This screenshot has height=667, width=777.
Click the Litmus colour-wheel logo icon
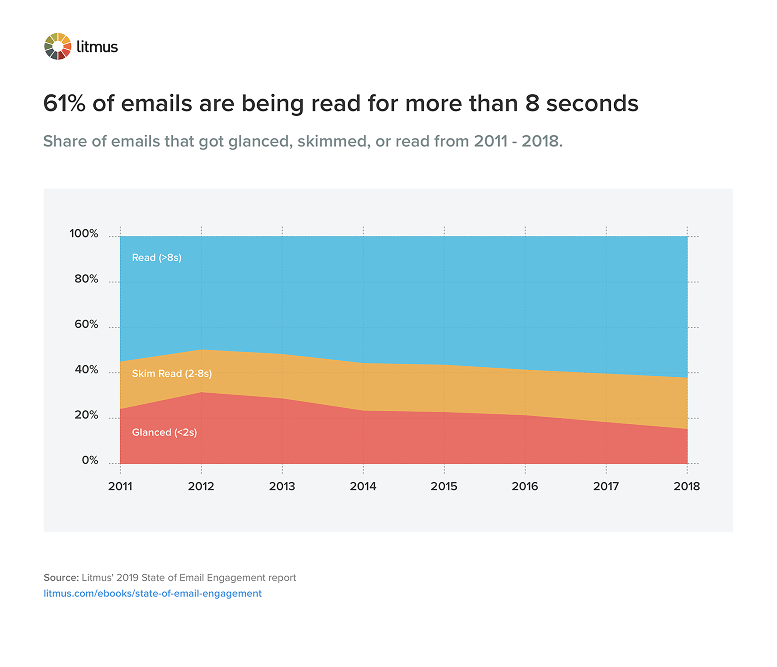point(58,46)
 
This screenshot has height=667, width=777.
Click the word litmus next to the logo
point(97,47)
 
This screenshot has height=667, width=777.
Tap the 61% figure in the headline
point(64,104)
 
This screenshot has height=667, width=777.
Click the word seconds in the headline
point(592,104)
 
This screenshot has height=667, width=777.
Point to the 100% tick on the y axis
point(84,234)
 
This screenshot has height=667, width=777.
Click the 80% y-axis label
point(86,279)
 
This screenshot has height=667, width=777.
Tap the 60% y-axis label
point(86,324)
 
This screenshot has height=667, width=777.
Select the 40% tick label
point(86,370)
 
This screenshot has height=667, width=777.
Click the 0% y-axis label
point(90,461)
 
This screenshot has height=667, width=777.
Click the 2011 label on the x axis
point(120,486)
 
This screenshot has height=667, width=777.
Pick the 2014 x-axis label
point(363,486)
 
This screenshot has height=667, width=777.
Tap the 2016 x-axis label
point(525,486)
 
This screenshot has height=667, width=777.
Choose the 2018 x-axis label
point(686,486)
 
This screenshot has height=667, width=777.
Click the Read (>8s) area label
point(156,258)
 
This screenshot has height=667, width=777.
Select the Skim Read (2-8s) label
point(172,374)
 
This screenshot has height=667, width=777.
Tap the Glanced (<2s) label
point(164,432)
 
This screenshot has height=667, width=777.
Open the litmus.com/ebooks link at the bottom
point(152,594)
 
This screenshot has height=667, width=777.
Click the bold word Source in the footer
point(61,578)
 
